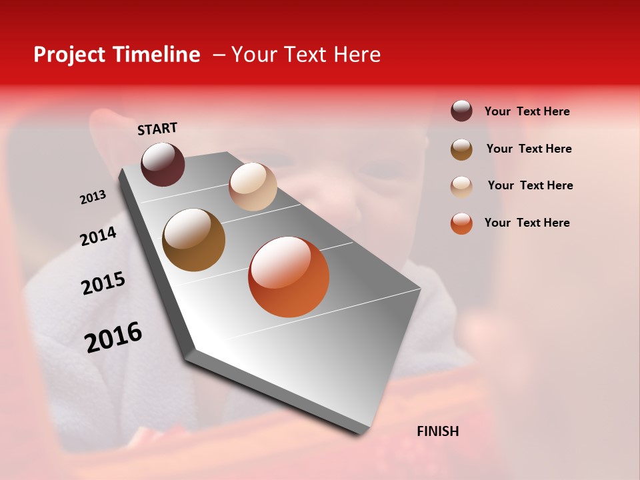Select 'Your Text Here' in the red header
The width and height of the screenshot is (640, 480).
tap(306, 55)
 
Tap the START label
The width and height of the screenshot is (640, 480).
tap(157, 129)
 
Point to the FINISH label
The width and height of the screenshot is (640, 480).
tap(437, 431)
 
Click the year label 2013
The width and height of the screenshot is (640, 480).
tap(93, 197)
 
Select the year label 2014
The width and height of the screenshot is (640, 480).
tap(98, 236)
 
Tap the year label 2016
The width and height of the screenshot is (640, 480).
tap(113, 337)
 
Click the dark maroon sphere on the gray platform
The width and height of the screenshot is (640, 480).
tap(163, 164)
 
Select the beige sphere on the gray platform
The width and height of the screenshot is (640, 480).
tap(253, 187)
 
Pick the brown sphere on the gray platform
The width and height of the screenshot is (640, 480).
tap(193, 240)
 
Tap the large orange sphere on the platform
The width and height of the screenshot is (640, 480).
tap(289, 277)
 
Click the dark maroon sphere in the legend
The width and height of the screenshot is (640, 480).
tap(461, 111)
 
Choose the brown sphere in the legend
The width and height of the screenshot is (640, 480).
tap(461, 149)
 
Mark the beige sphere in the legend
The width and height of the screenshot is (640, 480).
tap(461, 187)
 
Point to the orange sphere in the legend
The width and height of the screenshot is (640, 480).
tap(461, 223)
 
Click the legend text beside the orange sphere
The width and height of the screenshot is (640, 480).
tap(527, 223)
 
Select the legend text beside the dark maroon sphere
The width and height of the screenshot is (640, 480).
tap(527, 111)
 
